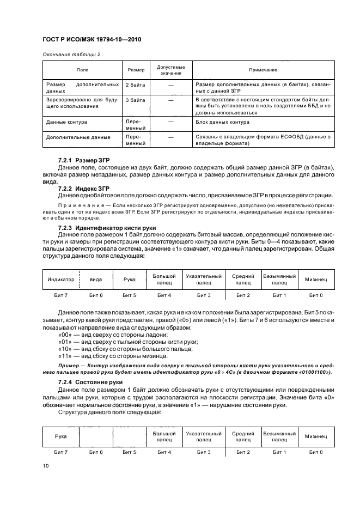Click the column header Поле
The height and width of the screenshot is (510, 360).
(82, 70)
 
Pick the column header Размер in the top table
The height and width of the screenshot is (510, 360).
(136, 70)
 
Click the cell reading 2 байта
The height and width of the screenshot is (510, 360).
(135, 86)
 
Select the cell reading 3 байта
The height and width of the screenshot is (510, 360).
(135, 101)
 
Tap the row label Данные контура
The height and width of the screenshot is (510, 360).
(67, 122)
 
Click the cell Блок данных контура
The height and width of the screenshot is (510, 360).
(222, 122)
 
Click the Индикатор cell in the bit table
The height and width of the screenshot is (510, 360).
(61, 280)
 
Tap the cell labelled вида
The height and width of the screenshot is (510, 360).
(96, 280)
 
